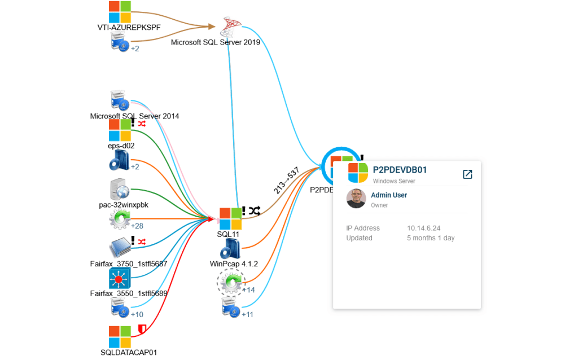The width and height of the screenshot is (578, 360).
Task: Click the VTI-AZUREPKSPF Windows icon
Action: [120, 11]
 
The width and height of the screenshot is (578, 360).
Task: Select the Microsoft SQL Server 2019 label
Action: [216, 42]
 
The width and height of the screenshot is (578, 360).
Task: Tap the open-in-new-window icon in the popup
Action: [467, 174]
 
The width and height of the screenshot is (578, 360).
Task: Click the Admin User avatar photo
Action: [356, 199]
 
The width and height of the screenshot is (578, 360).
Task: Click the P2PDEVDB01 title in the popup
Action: [400, 170]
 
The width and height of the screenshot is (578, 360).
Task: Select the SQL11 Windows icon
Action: [230, 218]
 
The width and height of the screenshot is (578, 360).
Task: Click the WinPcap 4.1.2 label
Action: [234, 264]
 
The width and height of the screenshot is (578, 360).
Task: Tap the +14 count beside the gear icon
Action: [248, 289]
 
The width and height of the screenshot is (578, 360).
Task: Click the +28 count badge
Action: [138, 226]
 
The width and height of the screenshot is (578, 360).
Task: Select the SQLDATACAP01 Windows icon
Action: [120, 336]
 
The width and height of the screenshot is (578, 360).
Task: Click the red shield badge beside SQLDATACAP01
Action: [142, 329]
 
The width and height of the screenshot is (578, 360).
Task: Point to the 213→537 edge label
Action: [286, 181]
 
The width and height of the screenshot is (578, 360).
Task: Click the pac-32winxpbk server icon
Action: [120, 190]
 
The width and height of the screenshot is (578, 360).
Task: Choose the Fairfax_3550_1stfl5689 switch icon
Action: [120, 278]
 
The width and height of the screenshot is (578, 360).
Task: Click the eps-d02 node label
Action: [121, 146]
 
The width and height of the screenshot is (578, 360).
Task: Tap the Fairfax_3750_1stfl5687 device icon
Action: [120, 249]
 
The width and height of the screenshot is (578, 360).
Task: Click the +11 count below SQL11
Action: [248, 314]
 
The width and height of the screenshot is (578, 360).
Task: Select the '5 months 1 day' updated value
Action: [431, 238]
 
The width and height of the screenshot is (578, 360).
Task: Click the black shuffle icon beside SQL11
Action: [255, 210]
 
